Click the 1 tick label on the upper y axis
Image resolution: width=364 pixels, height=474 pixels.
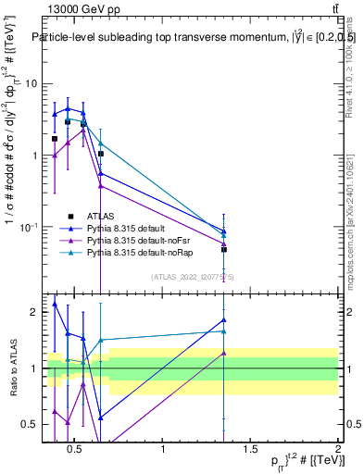point(32,156)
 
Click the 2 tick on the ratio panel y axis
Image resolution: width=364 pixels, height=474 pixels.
point(32,312)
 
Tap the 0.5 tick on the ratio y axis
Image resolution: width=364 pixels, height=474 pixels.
point(29,424)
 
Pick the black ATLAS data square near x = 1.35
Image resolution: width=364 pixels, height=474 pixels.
point(224,249)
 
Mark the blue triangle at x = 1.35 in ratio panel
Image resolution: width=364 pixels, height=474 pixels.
point(224,319)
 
